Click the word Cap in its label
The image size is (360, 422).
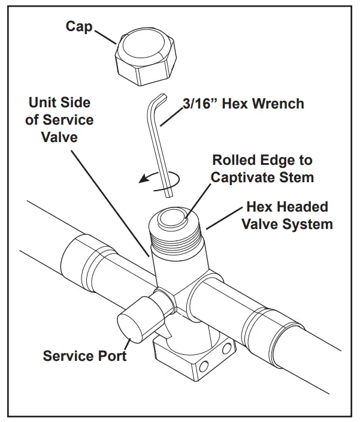click(79, 28)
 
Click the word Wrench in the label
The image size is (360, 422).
click(278, 104)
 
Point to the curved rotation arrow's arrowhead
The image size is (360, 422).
click(141, 178)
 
